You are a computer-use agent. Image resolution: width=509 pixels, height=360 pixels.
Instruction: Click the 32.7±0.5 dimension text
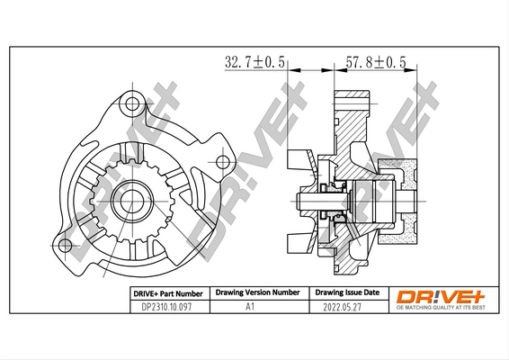pyautogui.click(x=254, y=61)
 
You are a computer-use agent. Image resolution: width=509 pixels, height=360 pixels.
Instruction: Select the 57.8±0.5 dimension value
pyautogui.click(x=375, y=61)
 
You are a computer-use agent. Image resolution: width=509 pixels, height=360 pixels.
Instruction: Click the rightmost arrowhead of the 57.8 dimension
pyautogui.click(x=417, y=68)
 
